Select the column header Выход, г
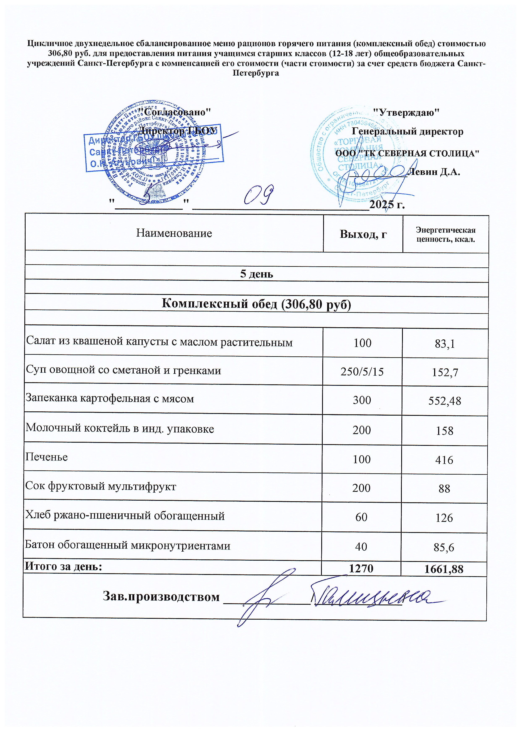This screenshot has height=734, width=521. pyautogui.click(x=363, y=234)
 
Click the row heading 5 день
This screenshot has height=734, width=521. pyautogui.click(x=257, y=274)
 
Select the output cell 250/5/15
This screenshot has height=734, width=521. pyautogui.click(x=362, y=372)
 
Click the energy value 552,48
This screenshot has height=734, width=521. pyautogui.click(x=445, y=400)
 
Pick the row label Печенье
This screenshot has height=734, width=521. pyautogui.click(x=47, y=457)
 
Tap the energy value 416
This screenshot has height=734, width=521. pyautogui.click(x=444, y=460)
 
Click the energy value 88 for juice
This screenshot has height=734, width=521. pyautogui.click(x=444, y=488)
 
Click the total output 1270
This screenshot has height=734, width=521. pyautogui.click(x=361, y=568)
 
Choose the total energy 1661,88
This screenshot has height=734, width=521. pyautogui.click(x=444, y=569)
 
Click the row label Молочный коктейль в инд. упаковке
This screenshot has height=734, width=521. pyautogui.click(x=120, y=428)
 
